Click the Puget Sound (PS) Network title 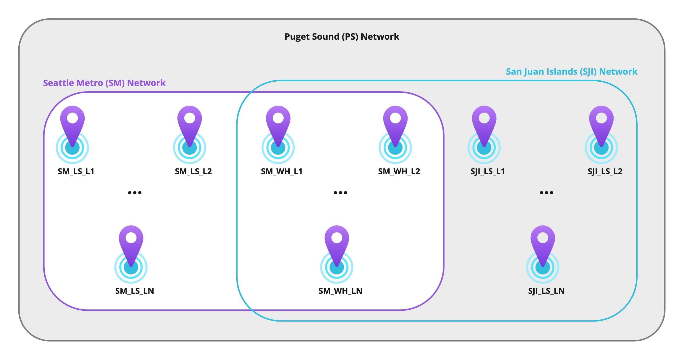[x=342, y=37]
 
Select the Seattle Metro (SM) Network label [x=104, y=83]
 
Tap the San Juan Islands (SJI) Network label [x=571, y=72]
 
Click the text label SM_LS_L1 [x=76, y=171]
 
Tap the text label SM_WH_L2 [x=399, y=171]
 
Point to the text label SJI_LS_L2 [x=605, y=171]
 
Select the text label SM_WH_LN [x=340, y=291]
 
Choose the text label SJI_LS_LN [x=546, y=291]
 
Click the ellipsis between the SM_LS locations [x=135, y=193]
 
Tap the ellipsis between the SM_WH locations [x=341, y=193]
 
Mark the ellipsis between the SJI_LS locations [x=547, y=193]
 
